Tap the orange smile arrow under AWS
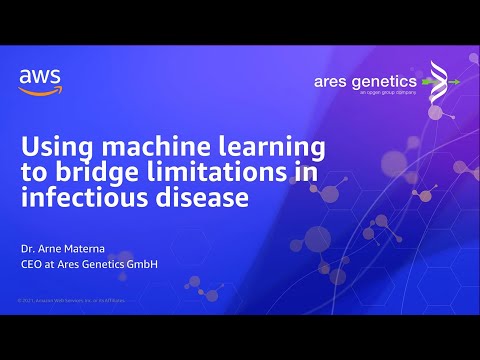tap(37, 89)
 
